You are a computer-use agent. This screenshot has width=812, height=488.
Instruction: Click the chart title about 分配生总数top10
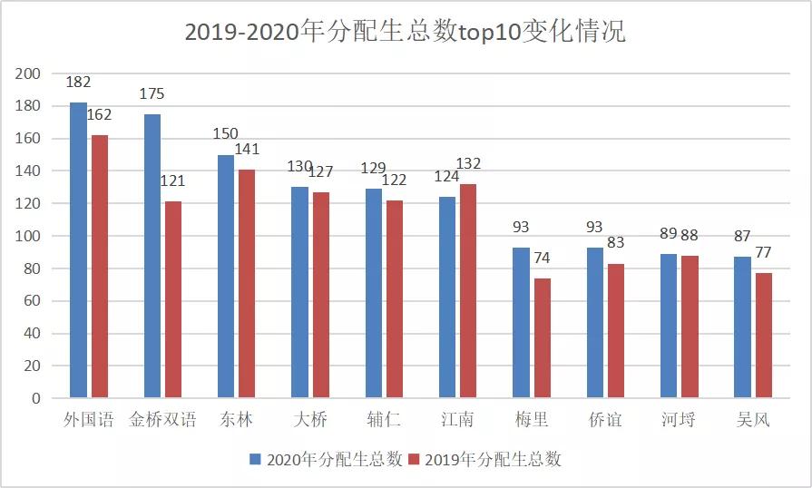[x=405, y=32]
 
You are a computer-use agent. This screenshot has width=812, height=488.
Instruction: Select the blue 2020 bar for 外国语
[x=78, y=249]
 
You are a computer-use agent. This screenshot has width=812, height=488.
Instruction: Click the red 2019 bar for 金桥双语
[x=172, y=299]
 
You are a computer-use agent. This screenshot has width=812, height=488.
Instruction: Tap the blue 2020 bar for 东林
[x=226, y=276]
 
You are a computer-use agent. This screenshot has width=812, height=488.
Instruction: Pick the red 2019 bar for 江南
[x=467, y=290]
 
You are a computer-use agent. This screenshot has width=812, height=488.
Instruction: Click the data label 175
[x=152, y=94]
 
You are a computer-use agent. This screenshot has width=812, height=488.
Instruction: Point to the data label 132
[x=468, y=164]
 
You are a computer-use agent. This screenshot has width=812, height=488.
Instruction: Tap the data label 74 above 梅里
[x=543, y=259]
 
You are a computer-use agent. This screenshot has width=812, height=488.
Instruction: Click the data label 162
[x=100, y=115]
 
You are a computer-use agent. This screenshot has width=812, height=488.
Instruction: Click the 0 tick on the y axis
[x=36, y=398]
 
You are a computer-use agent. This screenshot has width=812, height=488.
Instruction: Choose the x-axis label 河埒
[x=680, y=420]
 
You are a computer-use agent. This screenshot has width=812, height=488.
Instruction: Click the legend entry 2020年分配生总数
[x=325, y=460]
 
